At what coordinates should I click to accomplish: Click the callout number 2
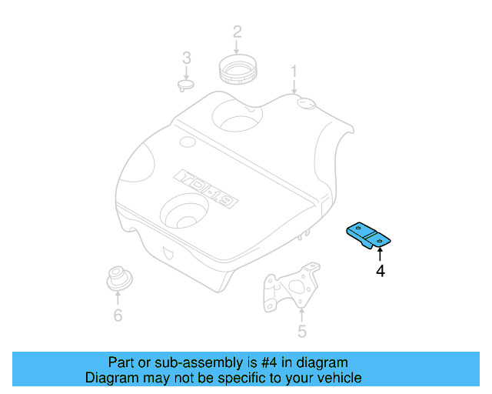(x=237, y=32)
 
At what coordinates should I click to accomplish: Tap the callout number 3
(x=186, y=58)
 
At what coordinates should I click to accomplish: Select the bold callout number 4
(x=379, y=271)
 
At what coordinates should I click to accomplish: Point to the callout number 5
(x=301, y=332)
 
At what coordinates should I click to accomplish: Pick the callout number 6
(x=118, y=315)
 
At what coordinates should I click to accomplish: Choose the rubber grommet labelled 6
(x=117, y=278)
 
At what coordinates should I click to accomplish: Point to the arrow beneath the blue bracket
(x=379, y=255)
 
